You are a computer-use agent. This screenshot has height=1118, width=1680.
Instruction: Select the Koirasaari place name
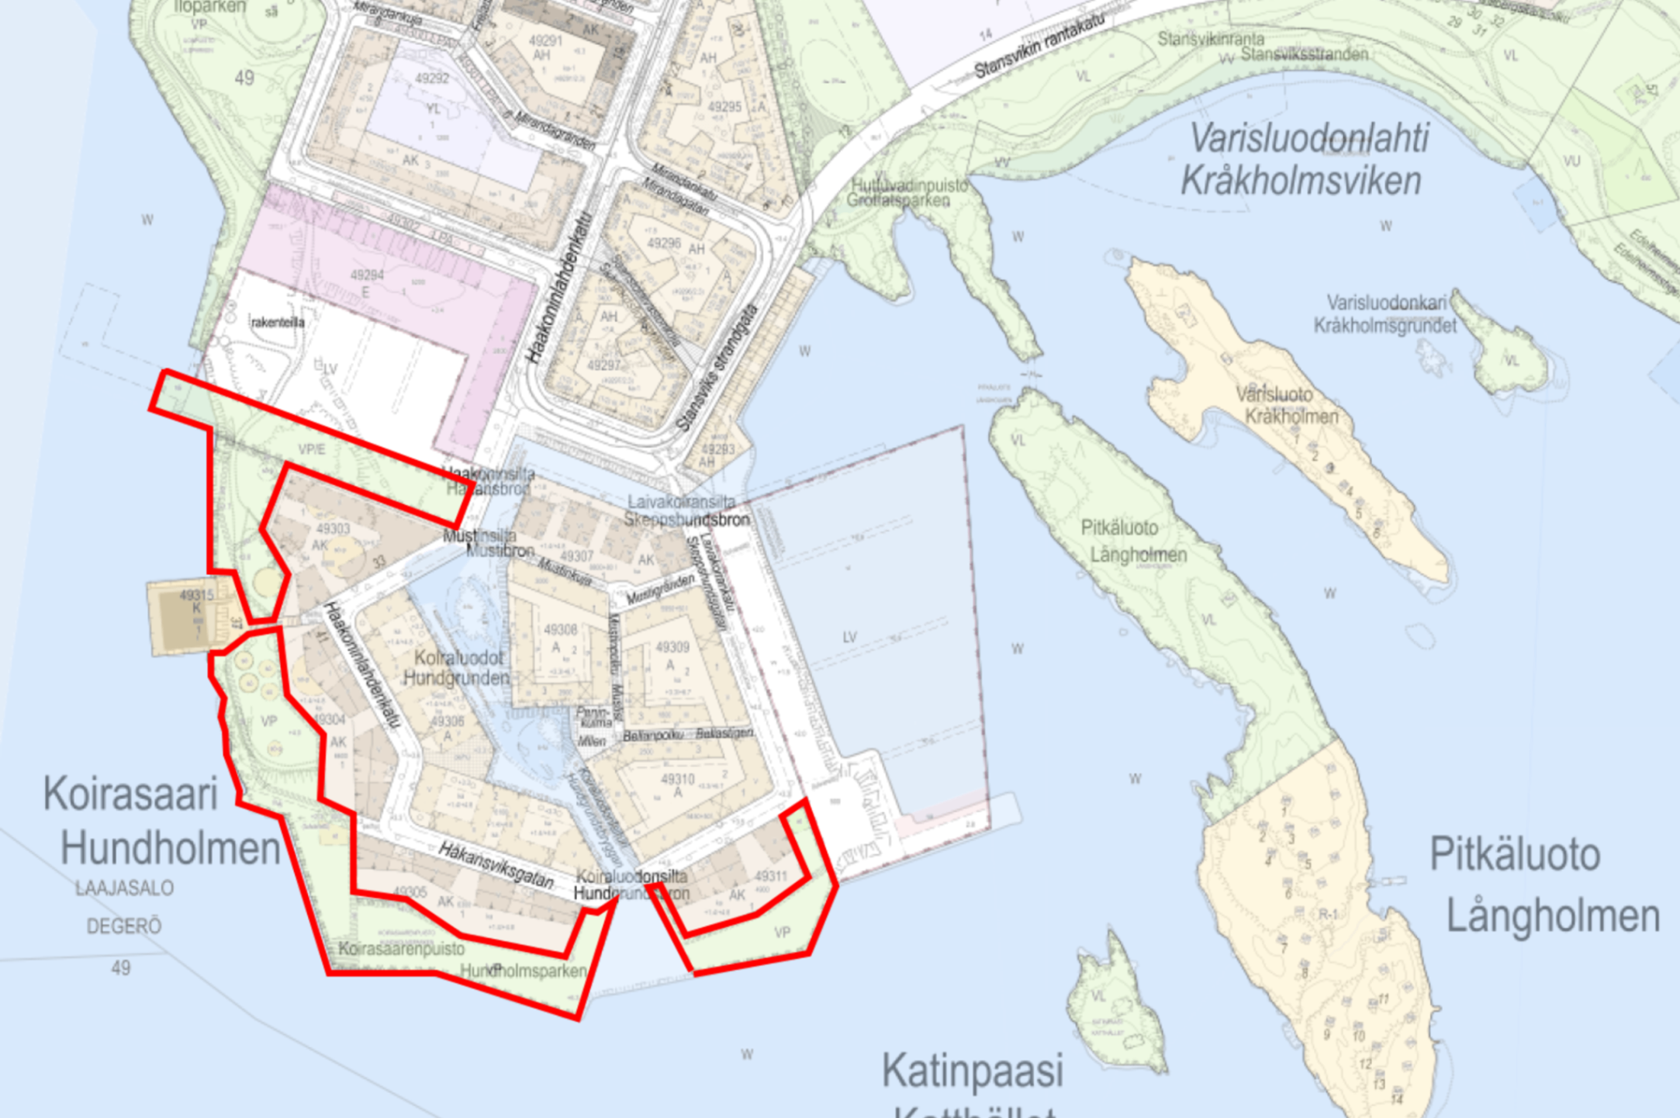coord(130,794)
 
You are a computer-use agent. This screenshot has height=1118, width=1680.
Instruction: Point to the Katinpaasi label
coord(973,1071)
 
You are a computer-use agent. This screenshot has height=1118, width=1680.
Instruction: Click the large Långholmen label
coord(1553,916)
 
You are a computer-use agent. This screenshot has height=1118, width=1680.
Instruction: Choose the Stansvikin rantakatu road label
coord(1039,46)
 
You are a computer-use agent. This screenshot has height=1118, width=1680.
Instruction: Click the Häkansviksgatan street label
coord(496,865)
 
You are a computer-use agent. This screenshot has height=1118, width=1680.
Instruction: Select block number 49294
coord(367,275)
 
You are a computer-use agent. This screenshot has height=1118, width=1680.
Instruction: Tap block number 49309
coord(672,647)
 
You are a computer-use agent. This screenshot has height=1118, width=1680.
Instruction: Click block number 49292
coord(432,78)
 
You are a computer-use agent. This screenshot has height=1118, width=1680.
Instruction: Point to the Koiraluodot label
coord(458,658)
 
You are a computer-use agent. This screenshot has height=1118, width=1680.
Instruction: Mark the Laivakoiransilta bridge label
coord(681,502)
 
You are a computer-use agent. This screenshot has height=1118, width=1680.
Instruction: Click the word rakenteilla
coord(278,322)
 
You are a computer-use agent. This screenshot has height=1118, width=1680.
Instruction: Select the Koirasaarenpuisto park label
coord(402,949)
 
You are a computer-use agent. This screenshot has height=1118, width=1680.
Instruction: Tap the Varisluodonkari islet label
coord(1386,303)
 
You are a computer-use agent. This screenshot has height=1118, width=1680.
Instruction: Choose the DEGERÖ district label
coord(124,926)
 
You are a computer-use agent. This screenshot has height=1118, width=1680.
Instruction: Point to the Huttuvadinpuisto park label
coord(909,185)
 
